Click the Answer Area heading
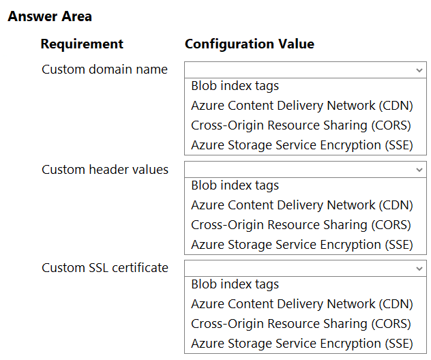50,16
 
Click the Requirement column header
82,44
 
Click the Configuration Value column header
250,44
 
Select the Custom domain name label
104,70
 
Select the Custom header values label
105,170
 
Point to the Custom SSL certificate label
105,268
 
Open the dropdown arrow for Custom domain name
419,70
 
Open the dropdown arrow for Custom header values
419,170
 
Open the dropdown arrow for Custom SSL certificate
419,269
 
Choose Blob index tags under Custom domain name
235,86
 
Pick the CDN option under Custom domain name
302,106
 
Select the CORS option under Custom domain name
301,125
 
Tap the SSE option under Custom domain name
302,145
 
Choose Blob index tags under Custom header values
235,185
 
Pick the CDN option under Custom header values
302,205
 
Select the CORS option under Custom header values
301,225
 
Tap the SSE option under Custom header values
302,245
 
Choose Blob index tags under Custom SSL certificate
235,284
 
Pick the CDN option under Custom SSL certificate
302,304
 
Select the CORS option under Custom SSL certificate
301,324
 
